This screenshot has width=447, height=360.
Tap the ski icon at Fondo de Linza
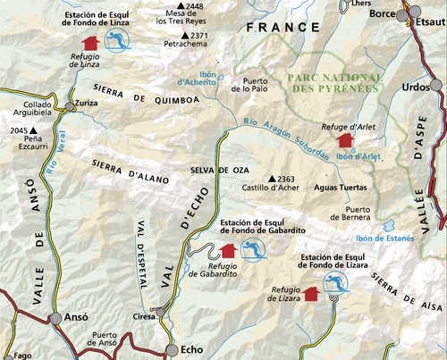(x=114, y=40)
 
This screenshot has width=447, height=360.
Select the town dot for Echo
(x=172, y=349)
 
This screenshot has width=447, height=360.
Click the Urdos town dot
(x=435, y=85)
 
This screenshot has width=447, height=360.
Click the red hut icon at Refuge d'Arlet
(x=344, y=140)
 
